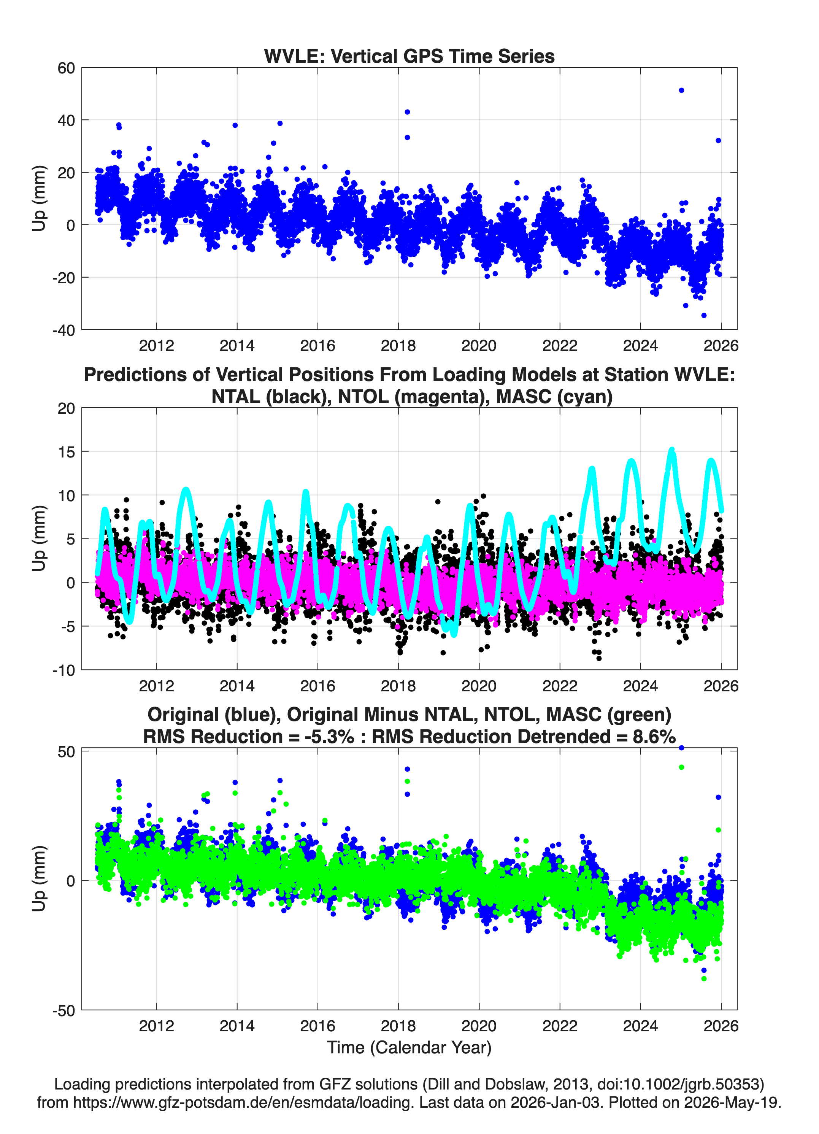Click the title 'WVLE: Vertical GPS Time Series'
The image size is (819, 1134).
tap(409, 56)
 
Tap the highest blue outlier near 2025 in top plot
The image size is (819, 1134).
tap(681, 91)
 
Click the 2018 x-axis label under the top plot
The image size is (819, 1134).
tap(398, 346)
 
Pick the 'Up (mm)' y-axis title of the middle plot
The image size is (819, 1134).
tap(39, 538)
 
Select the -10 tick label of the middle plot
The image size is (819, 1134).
tap(63, 670)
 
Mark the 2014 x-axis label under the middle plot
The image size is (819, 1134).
tap(237, 686)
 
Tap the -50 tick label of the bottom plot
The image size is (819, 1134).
tap(63, 1010)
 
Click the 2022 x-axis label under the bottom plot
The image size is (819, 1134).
tap(560, 1026)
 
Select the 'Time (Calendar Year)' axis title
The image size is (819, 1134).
tap(409, 1048)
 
